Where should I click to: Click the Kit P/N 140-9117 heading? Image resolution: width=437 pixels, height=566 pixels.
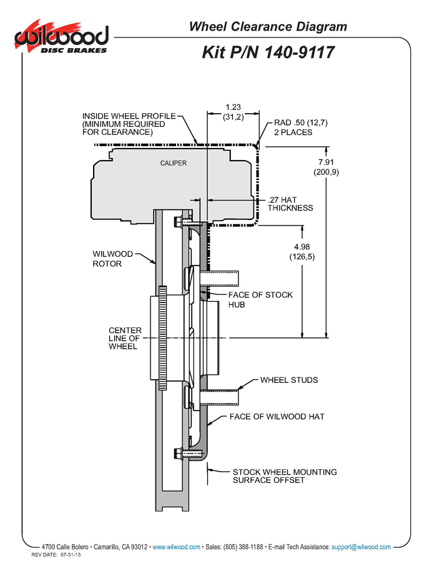268,52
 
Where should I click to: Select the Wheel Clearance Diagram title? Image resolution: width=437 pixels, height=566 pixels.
268,27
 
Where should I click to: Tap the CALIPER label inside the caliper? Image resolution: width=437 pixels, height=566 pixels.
174,163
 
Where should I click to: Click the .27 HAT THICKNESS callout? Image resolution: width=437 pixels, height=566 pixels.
290,204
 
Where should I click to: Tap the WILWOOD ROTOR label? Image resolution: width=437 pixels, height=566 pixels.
112,259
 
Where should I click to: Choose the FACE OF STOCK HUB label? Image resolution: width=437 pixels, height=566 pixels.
260,300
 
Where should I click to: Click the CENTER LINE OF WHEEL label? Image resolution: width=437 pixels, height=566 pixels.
125,338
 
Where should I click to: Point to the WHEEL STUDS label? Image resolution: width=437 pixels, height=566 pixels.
289,380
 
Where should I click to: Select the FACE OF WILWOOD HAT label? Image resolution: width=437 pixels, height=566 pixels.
277,417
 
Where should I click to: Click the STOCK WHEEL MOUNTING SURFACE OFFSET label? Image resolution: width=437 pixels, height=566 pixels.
285,476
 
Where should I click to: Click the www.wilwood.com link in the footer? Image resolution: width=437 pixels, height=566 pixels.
177,547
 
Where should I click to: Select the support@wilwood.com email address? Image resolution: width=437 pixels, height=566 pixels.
361,547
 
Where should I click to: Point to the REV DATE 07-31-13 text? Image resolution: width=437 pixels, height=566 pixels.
56,555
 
